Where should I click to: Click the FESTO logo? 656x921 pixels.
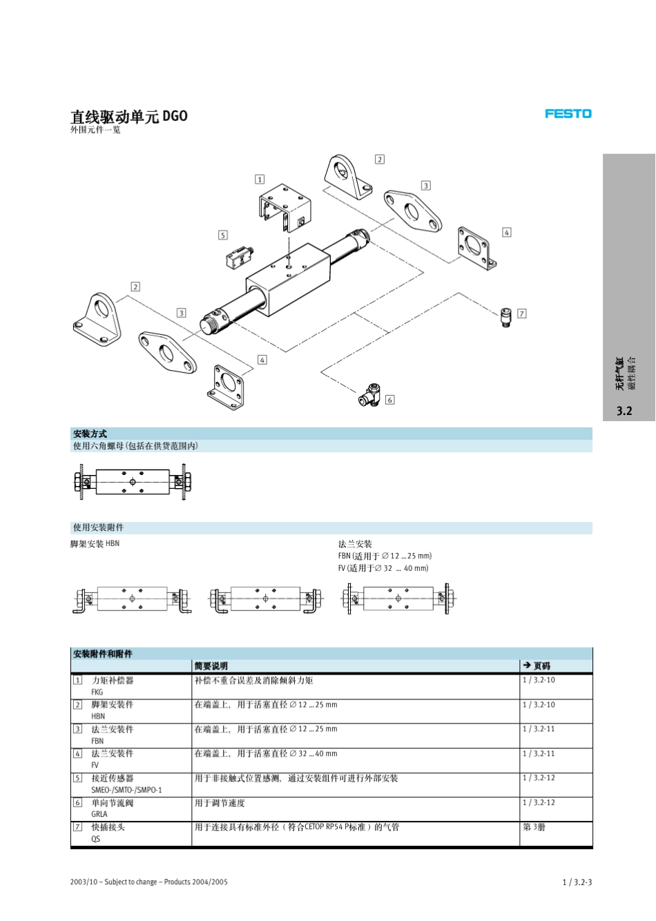tap(568, 114)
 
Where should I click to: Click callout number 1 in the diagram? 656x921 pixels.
tap(260, 180)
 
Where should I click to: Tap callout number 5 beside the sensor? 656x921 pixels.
tap(222, 235)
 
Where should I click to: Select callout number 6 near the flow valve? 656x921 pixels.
tap(389, 400)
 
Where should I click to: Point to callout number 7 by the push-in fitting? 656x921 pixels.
tap(521, 313)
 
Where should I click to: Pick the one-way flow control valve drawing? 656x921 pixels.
tap(369, 395)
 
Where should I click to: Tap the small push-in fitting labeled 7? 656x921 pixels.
tap(506, 318)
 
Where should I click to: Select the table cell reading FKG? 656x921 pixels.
tap(97, 692)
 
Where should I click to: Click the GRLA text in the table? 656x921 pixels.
tap(99, 814)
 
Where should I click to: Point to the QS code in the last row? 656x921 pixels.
tap(96, 839)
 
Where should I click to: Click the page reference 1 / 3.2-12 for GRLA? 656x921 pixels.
tap(539, 803)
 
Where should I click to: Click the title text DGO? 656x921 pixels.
tap(175, 116)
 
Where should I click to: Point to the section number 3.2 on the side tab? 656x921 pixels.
tap(624, 411)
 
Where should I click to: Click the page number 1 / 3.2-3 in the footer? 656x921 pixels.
tap(577, 882)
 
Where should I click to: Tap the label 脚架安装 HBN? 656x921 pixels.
tap(95, 544)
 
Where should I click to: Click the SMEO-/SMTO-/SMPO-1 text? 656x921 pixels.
tap(126, 790)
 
